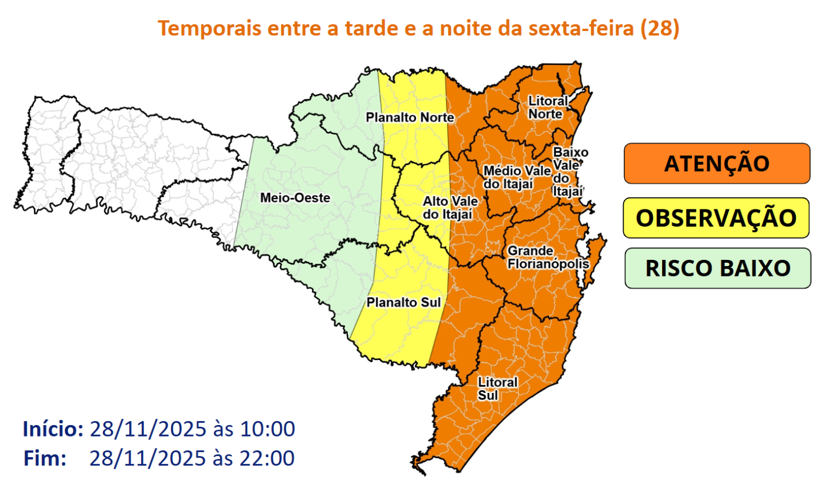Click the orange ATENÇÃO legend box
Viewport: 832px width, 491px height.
click(717, 163)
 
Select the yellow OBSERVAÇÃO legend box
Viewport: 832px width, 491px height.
click(716, 218)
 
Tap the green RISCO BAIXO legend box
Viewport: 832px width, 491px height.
click(717, 268)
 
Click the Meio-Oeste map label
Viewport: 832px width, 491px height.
click(295, 198)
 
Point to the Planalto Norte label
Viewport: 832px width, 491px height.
click(410, 118)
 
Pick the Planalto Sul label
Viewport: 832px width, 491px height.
click(403, 302)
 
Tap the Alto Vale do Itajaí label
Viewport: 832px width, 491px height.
click(450, 208)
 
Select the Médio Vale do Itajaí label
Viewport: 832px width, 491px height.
click(516, 177)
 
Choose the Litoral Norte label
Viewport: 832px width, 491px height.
click(547, 107)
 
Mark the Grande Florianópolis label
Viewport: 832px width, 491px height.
click(547, 258)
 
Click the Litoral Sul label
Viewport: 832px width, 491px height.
click(497, 388)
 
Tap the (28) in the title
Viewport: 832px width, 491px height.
click(660, 28)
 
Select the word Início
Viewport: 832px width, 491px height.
click(53, 428)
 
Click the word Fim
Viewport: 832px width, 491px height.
click(45, 458)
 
